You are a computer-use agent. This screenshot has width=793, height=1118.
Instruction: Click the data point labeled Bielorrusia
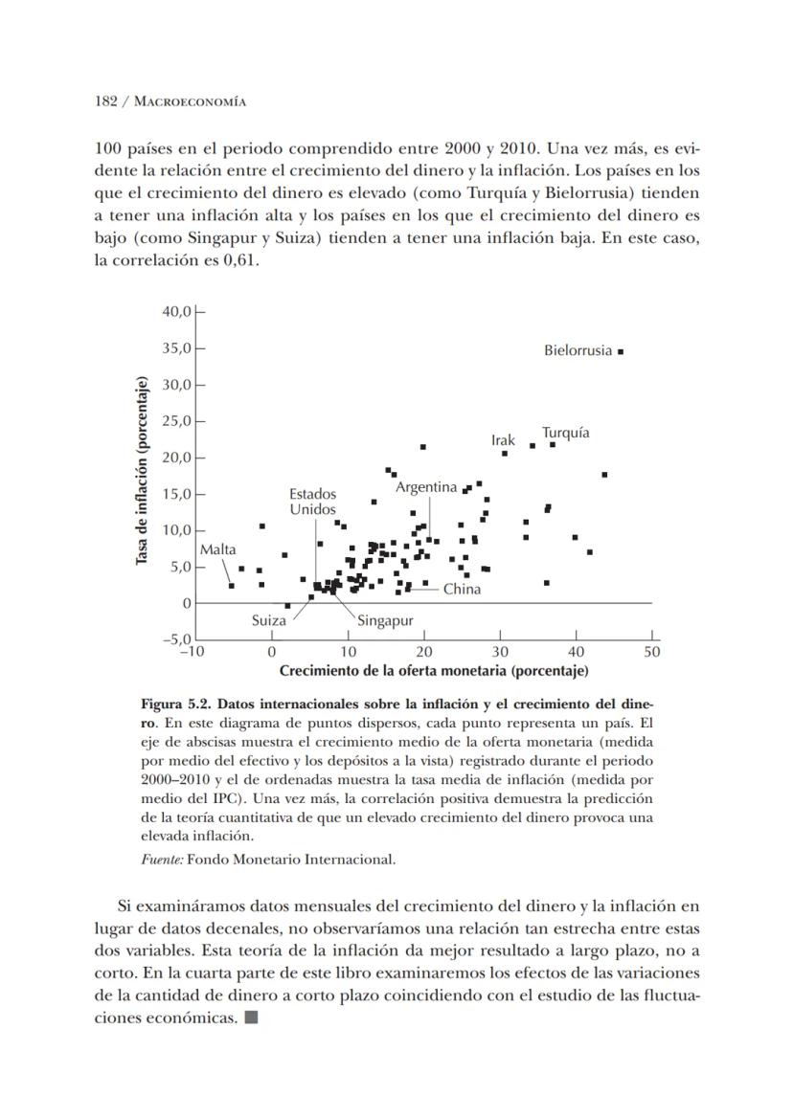(x=621, y=351)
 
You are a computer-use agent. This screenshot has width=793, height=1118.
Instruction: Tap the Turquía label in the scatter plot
(x=565, y=433)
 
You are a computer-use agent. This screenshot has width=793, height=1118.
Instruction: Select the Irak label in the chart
(x=503, y=440)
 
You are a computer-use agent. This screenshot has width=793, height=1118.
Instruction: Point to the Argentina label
(x=426, y=487)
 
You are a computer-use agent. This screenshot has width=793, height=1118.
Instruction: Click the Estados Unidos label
(x=313, y=502)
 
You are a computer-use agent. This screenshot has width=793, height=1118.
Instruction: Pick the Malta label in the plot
(x=217, y=549)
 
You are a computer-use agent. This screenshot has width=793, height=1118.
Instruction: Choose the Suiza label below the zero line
(x=268, y=620)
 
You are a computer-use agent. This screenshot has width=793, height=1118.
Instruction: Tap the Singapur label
(x=385, y=621)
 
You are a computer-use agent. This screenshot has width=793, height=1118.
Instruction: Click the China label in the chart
(x=462, y=590)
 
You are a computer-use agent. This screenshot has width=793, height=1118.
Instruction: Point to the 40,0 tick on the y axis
(x=178, y=311)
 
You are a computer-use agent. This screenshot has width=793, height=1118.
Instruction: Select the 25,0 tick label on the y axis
(x=178, y=421)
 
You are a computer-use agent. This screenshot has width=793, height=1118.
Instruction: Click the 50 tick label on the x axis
(x=652, y=652)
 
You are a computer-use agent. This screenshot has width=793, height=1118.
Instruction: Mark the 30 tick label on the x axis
(x=500, y=652)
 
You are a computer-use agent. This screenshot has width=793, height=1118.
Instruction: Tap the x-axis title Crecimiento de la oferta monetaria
(x=433, y=670)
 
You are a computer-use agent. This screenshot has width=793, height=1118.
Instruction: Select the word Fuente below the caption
(x=161, y=859)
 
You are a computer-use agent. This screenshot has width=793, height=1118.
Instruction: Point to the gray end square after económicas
(x=251, y=1017)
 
